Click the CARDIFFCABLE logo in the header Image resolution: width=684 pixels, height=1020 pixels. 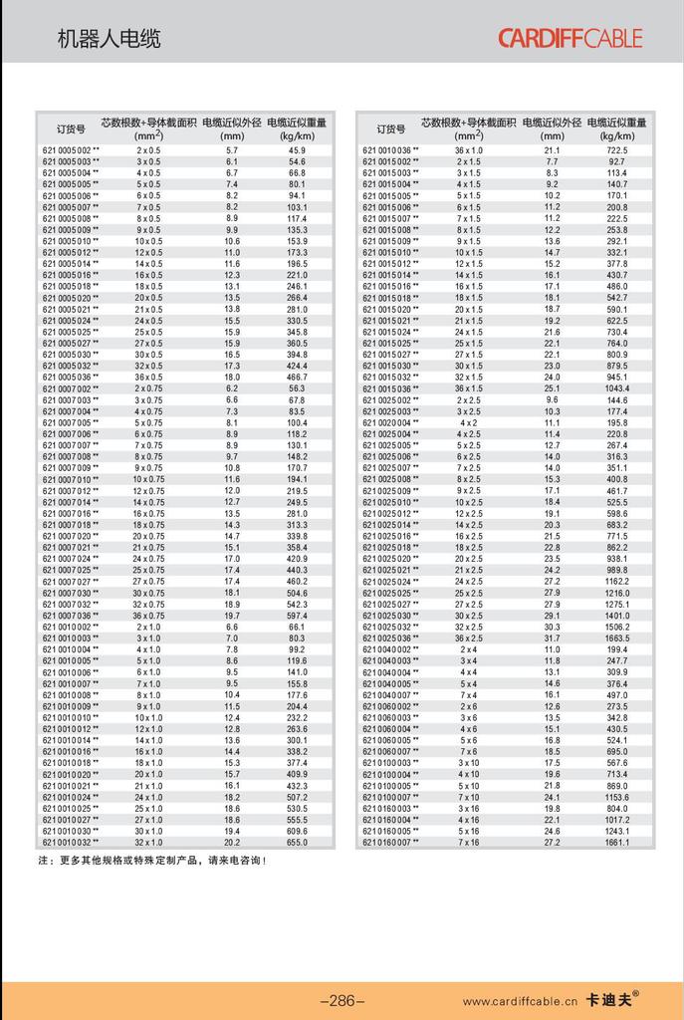(570, 39)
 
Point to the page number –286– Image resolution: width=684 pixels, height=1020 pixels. (342, 1001)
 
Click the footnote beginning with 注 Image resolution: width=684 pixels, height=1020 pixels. (152, 859)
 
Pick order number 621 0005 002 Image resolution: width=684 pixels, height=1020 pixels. (71, 149)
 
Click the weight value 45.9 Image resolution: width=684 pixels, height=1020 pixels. (297, 149)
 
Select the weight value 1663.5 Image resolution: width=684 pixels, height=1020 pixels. (616, 637)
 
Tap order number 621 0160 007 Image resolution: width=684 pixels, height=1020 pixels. (390, 842)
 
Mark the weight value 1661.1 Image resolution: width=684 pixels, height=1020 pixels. (616, 842)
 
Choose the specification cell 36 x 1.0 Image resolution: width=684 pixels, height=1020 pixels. (469, 149)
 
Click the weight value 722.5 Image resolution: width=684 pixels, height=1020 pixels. (616, 149)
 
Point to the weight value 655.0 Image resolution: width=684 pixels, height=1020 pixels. (297, 842)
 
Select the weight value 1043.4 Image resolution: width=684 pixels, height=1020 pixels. (616, 388)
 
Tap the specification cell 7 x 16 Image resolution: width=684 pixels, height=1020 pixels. (469, 842)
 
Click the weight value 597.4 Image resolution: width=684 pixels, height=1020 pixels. (297, 616)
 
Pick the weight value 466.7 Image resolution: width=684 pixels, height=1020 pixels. (297, 378)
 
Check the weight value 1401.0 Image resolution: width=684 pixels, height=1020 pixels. (616, 616)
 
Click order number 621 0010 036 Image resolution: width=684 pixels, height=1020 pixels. (390, 149)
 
